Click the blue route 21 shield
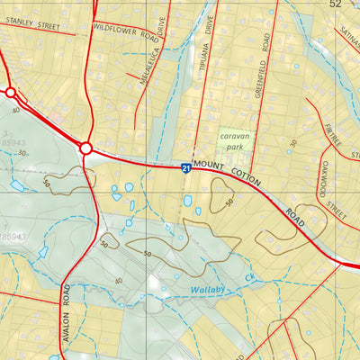[184, 167]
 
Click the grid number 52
[336, 4]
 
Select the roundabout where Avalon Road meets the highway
[86, 148]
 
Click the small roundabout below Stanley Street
[11, 92]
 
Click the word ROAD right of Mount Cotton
[295, 217]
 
